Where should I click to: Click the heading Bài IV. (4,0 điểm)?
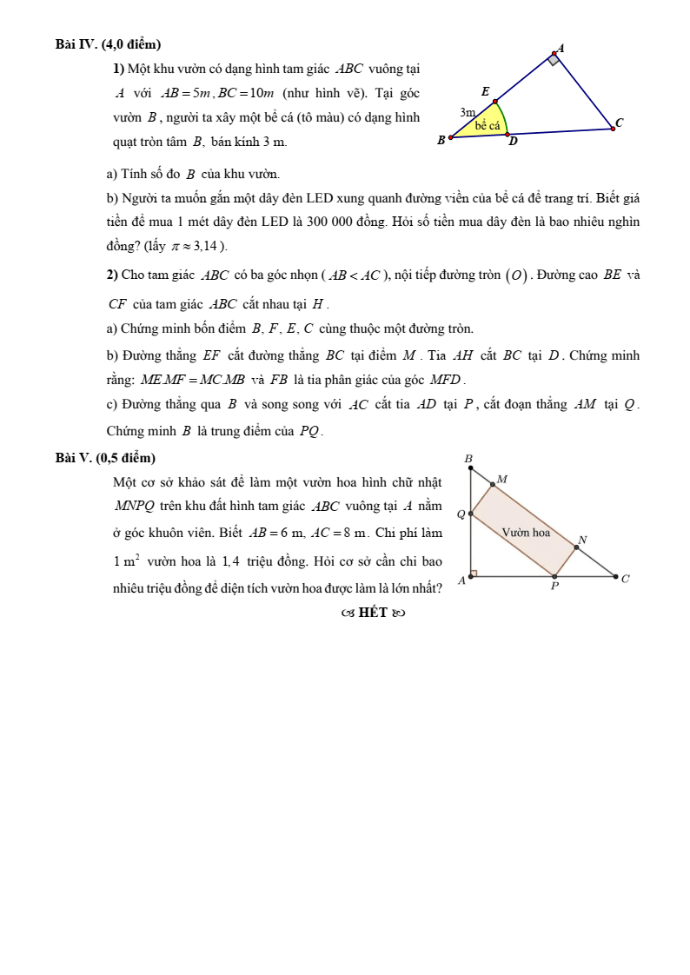click(x=108, y=43)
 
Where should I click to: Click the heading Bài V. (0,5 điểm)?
click(x=105, y=458)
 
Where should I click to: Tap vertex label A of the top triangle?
click(x=561, y=49)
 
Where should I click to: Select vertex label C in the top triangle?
click(x=619, y=123)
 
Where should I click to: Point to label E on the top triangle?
click(x=485, y=92)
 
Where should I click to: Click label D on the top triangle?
click(x=513, y=142)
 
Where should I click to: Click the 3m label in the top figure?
click(x=468, y=112)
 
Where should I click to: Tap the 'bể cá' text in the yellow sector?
click(x=488, y=126)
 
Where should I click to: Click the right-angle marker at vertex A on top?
click(x=554, y=60)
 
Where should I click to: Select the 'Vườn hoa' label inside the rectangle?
click(x=526, y=533)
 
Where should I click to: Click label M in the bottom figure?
click(x=501, y=479)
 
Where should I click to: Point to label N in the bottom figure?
click(x=582, y=540)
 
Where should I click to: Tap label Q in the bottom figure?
click(x=461, y=514)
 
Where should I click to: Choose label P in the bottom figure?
click(x=554, y=587)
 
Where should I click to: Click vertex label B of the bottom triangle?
click(x=468, y=458)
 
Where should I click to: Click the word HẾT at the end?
click(x=373, y=613)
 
